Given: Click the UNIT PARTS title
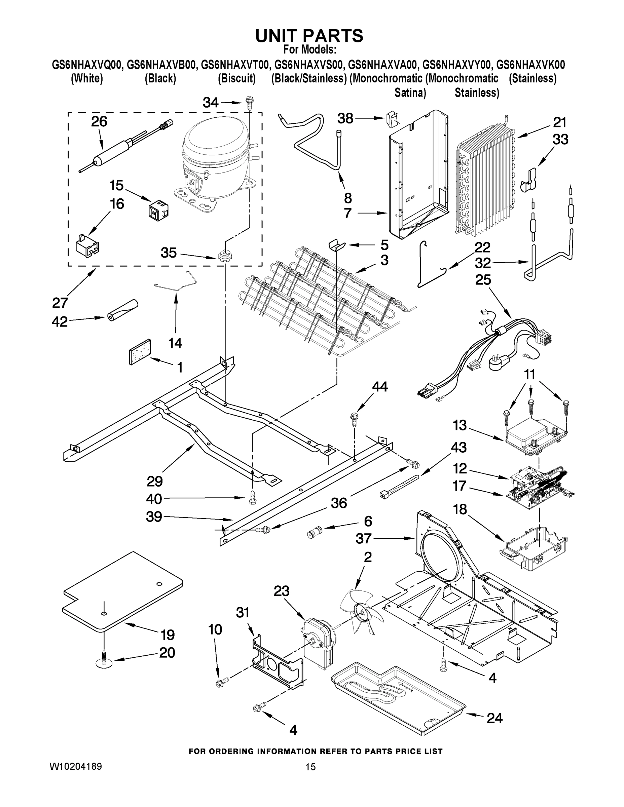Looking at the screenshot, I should click(309, 36).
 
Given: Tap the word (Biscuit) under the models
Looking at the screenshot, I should click(236, 78).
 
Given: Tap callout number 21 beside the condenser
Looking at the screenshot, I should click(560, 122).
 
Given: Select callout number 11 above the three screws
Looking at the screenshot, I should click(529, 375).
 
